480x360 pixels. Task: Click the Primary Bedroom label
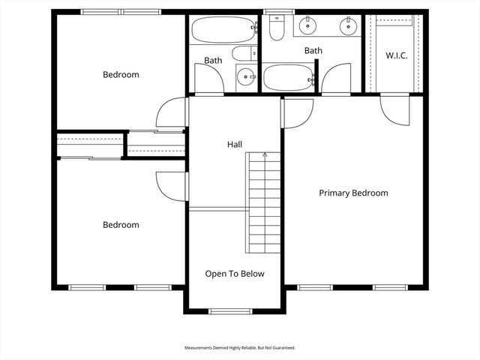353,193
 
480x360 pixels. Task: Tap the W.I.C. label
396,55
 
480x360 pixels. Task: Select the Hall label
235,144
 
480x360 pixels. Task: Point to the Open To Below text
235,274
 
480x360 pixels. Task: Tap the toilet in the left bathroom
243,53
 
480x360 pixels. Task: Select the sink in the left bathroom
244,76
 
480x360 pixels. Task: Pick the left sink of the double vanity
307,26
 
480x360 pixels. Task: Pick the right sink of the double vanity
347,26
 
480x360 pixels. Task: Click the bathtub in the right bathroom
289,76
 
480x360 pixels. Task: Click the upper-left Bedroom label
121,74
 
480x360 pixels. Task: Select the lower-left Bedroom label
121,224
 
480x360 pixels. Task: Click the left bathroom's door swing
208,78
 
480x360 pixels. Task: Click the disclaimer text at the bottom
240,348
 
